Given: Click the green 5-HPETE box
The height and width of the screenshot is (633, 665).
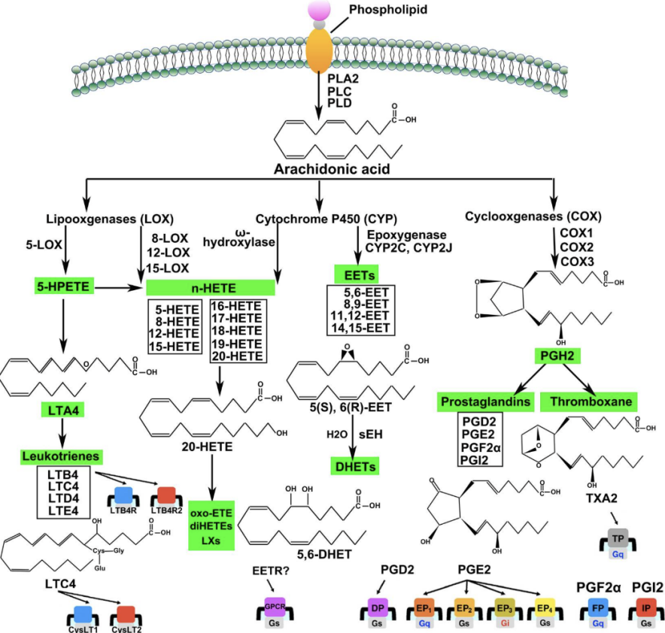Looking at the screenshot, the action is coord(64,287).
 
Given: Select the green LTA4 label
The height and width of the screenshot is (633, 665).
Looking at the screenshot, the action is coord(62,410).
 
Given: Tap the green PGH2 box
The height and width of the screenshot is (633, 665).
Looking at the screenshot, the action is coord(557,356).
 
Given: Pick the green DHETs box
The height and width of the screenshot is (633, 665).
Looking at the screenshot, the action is coord(355,467).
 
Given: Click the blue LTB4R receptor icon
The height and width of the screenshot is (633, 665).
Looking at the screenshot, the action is coord(123,495).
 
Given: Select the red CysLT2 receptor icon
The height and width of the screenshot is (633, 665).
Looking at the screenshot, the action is coord(126,615).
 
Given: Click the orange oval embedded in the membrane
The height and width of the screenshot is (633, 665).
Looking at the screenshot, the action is coord(320,50).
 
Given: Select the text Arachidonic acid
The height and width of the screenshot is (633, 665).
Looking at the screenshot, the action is coord(332,169).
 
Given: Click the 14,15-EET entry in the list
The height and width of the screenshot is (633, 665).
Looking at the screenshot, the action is coord(360,328).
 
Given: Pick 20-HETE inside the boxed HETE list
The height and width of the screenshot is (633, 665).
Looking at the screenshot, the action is coord(238,356).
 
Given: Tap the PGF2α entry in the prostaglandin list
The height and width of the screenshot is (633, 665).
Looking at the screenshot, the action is coord(481,447).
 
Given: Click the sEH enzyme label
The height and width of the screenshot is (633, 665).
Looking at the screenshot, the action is coord(371,435).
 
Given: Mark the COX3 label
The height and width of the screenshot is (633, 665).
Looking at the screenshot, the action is coord(577,262).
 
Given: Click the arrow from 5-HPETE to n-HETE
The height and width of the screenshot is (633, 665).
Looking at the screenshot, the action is coord(117,288).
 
